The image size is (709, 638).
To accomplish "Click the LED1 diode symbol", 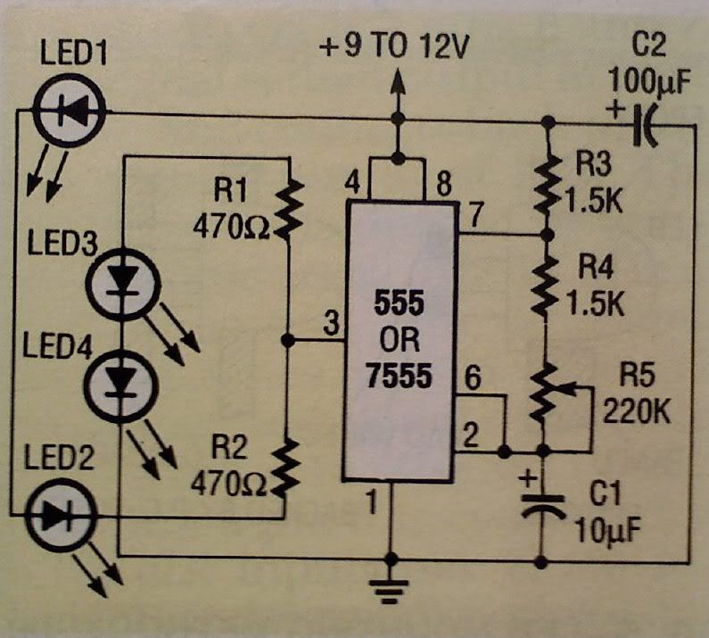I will coord(70,111).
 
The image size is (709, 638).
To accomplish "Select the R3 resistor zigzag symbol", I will coord(543,184).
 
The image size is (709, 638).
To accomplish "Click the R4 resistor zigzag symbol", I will coord(543,286).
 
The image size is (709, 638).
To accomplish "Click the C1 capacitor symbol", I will coord(542,506).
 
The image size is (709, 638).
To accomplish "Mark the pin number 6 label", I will coord(474,379).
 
